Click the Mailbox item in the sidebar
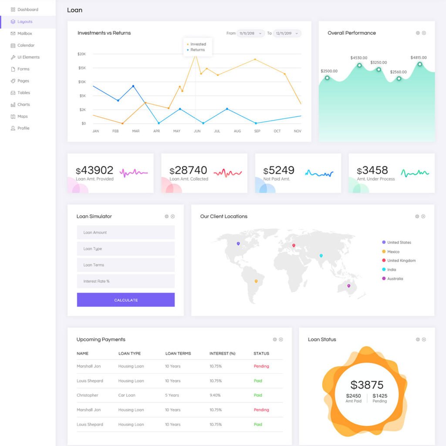(x=24, y=34)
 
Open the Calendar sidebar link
(x=26, y=45)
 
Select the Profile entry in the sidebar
(x=23, y=128)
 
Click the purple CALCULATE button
(x=126, y=300)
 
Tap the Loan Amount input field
(x=126, y=233)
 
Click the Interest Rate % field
(x=126, y=281)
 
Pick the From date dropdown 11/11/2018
(x=251, y=34)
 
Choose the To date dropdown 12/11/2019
(x=287, y=34)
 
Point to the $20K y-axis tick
(x=81, y=54)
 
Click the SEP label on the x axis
(x=257, y=131)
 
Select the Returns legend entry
(x=197, y=50)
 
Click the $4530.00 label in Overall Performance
(x=359, y=58)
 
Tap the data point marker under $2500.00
(x=327, y=78)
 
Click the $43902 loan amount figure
(x=95, y=170)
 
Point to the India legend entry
(x=392, y=270)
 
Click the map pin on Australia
(x=348, y=286)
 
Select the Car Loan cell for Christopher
(x=127, y=395)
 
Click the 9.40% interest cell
(x=215, y=395)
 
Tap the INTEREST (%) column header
(x=222, y=353)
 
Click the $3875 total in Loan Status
(x=367, y=385)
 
